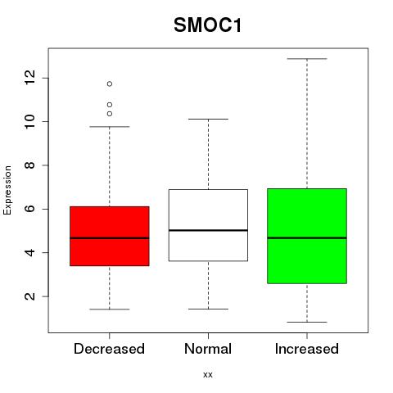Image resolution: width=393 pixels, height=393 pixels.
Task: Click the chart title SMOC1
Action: coord(208,25)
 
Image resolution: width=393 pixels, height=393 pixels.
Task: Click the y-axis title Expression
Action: coord(7,190)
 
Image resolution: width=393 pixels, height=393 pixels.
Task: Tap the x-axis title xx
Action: coord(208,375)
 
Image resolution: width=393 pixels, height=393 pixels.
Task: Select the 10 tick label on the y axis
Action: coord(30,121)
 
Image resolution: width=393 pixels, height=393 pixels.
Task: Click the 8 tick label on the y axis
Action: coord(30,165)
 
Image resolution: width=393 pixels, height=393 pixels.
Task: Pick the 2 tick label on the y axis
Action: coord(30,296)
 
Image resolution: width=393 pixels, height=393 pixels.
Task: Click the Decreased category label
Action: coord(109,349)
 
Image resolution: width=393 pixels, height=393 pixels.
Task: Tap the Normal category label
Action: coord(208,349)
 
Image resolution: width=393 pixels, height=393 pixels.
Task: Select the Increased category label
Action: coord(307,349)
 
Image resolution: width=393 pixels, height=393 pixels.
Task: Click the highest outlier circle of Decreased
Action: coord(110,84)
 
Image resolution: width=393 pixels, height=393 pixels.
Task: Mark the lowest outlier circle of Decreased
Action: coord(110,114)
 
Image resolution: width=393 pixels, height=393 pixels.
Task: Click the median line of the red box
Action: coord(110,238)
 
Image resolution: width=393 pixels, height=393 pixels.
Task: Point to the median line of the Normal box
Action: coord(208,230)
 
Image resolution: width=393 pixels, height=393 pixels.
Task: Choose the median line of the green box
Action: coord(307,238)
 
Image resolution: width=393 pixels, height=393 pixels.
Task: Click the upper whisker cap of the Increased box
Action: coord(307,59)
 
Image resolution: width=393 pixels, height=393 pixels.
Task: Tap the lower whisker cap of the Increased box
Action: coord(307,322)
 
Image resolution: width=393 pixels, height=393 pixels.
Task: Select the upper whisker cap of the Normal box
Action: coord(208,119)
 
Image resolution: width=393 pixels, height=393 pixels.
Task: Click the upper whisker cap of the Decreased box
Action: coord(110,127)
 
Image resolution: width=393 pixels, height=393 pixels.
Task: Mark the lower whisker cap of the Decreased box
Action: coord(110,309)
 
